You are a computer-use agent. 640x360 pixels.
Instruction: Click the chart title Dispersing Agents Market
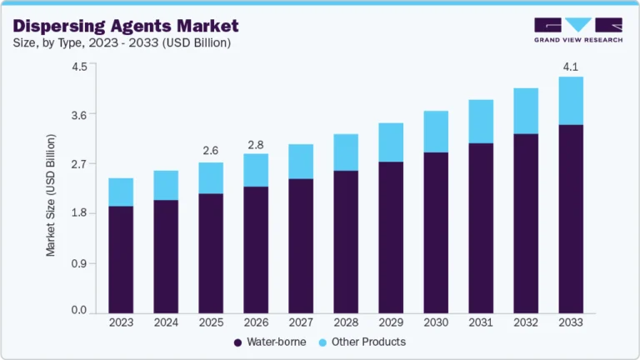click(x=125, y=26)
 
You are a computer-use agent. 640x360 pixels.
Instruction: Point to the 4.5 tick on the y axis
click(x=78, y=67)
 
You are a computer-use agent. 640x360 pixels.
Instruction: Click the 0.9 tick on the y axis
click(x=78, y=263)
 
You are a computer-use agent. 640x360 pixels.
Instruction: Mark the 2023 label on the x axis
click(x=121, y=322)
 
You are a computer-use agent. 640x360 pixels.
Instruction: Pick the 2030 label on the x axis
click(x=436, y=322)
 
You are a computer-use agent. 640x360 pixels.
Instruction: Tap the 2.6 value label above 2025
click(x=211, y=151)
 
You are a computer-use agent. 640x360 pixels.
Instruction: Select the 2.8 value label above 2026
click(x=256, y=146)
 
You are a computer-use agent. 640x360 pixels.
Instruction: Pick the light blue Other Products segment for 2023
click(x=121, y=192)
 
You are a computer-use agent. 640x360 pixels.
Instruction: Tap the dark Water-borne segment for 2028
click(x=346, y=242)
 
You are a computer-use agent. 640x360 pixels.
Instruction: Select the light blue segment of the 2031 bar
click(x=481, y=122)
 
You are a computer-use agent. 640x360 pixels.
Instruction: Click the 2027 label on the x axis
click(x=301, y=322)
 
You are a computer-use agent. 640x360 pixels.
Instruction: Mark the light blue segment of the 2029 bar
click(x=391, y=142)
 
